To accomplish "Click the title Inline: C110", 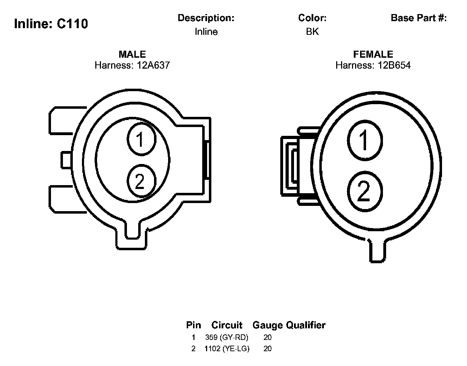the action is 51,24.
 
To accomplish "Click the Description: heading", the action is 206,18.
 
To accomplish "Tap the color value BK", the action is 312,32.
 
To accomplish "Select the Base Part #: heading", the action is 418,18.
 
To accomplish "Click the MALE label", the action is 132,54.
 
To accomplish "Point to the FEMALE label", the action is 373,54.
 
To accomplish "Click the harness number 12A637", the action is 153,65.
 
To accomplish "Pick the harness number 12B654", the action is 394,65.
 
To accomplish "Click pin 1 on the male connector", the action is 141,139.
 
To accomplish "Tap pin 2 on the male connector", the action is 141,181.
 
